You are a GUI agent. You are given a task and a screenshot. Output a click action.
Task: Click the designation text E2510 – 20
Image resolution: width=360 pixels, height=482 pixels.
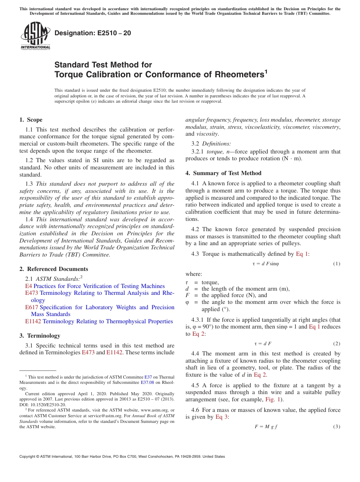pyautogui.click(x=93, y=33)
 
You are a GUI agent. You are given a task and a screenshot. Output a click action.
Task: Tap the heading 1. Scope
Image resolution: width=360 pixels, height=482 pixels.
pyautogui.click(x=31, y=120)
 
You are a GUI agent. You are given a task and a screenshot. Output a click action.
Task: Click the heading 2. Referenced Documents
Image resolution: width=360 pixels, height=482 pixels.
pyautogui.click(x=53, y=269)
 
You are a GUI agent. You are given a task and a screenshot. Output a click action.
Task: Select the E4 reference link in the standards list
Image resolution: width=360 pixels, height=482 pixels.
pyautogui.click(x=28, y=286)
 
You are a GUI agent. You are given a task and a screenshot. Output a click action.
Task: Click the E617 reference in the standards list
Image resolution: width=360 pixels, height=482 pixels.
pyautogui.click(x=32, y=307)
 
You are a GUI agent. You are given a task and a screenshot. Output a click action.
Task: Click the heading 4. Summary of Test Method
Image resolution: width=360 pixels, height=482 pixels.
pyautogui.click(x=223, y=173)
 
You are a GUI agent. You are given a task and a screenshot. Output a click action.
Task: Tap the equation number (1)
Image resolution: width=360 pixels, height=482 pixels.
pyautogui.click(x=337, y=264)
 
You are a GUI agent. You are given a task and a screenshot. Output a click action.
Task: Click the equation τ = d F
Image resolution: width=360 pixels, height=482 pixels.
pyautogui.click(x=263, y=344)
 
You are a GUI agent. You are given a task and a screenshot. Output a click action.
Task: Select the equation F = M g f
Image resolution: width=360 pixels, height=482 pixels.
pyautogui.click(x=266, y=427)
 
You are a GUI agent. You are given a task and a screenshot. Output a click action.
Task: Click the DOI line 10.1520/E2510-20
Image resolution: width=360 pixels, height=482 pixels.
pyautogui.click(x=42, y=404)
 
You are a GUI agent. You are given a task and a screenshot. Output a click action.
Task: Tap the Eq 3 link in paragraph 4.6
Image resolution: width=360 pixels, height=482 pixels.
pyautogui.click(x=222, y=417)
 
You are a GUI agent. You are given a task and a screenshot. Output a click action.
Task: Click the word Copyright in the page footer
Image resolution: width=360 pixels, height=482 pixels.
pyautogui.click(x=30, y=457)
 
